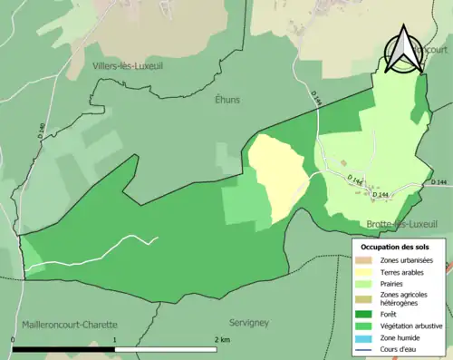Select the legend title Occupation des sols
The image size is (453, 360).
(395, 247)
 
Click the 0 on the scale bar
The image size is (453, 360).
(13, 339)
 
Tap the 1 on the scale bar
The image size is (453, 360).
(115, 339)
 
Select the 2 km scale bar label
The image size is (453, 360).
(221, 339)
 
